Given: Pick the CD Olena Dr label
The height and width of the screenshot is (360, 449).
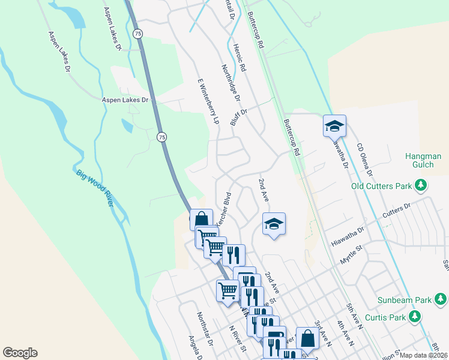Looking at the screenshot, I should [x=364, y=160].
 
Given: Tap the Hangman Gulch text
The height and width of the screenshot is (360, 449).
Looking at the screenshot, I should [x=423, y=160].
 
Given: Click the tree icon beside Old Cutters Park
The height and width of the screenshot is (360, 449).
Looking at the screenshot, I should [x=422, y=185].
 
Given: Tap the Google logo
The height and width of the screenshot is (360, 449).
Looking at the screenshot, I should [x=20, y=353].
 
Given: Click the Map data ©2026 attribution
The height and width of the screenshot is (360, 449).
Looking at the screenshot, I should [x=424, y=355].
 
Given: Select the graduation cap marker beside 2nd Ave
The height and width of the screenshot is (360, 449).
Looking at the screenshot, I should [x=274, y=224].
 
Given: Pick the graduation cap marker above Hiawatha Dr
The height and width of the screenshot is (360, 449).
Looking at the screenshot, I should [x=334, y=126].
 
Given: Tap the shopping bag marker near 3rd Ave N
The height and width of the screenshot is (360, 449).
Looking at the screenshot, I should [x=307, y=338].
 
